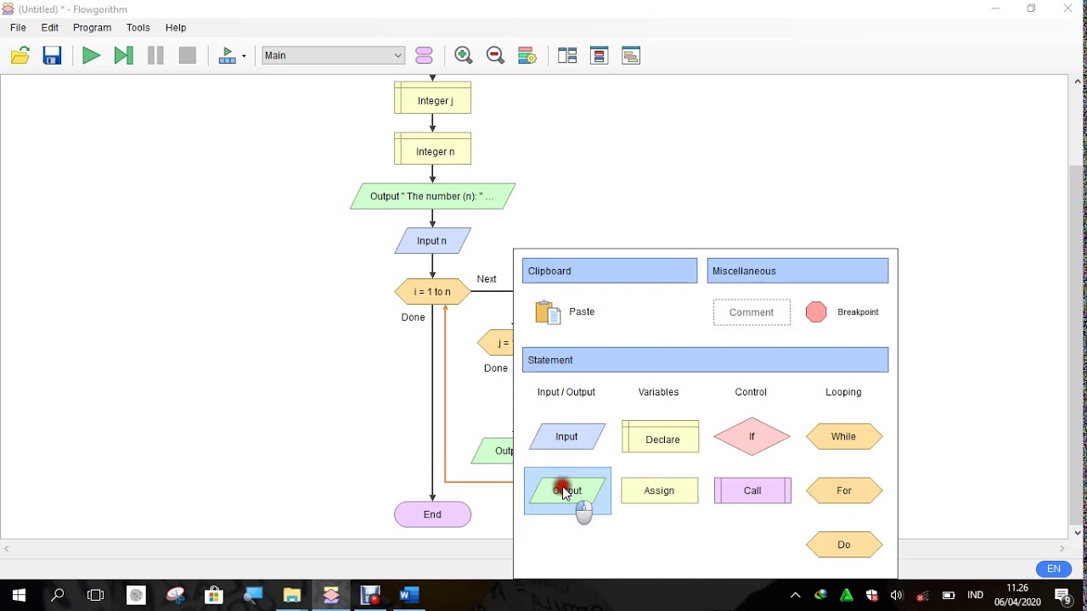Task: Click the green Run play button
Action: point(91,56)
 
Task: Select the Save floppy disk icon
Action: point(53,56)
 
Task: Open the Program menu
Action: point(92,28)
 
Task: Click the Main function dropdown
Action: point(333,56)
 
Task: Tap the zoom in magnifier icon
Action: point(464,56)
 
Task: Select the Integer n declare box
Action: point(433,150)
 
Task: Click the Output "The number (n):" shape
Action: point(432,196)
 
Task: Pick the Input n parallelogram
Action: point(432,241)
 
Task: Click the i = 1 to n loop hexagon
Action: point(432,292)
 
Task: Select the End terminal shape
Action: point(432,514)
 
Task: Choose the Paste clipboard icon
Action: point(549,312)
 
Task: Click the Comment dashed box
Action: point(752,312)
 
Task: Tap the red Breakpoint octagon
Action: point(816,312)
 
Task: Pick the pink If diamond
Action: point(752,437)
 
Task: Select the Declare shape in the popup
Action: point(661,438)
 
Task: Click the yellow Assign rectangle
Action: point(660,490)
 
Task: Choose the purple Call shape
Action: point(752,490)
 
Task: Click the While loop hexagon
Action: point(844,437)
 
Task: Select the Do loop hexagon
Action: point(844,545)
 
